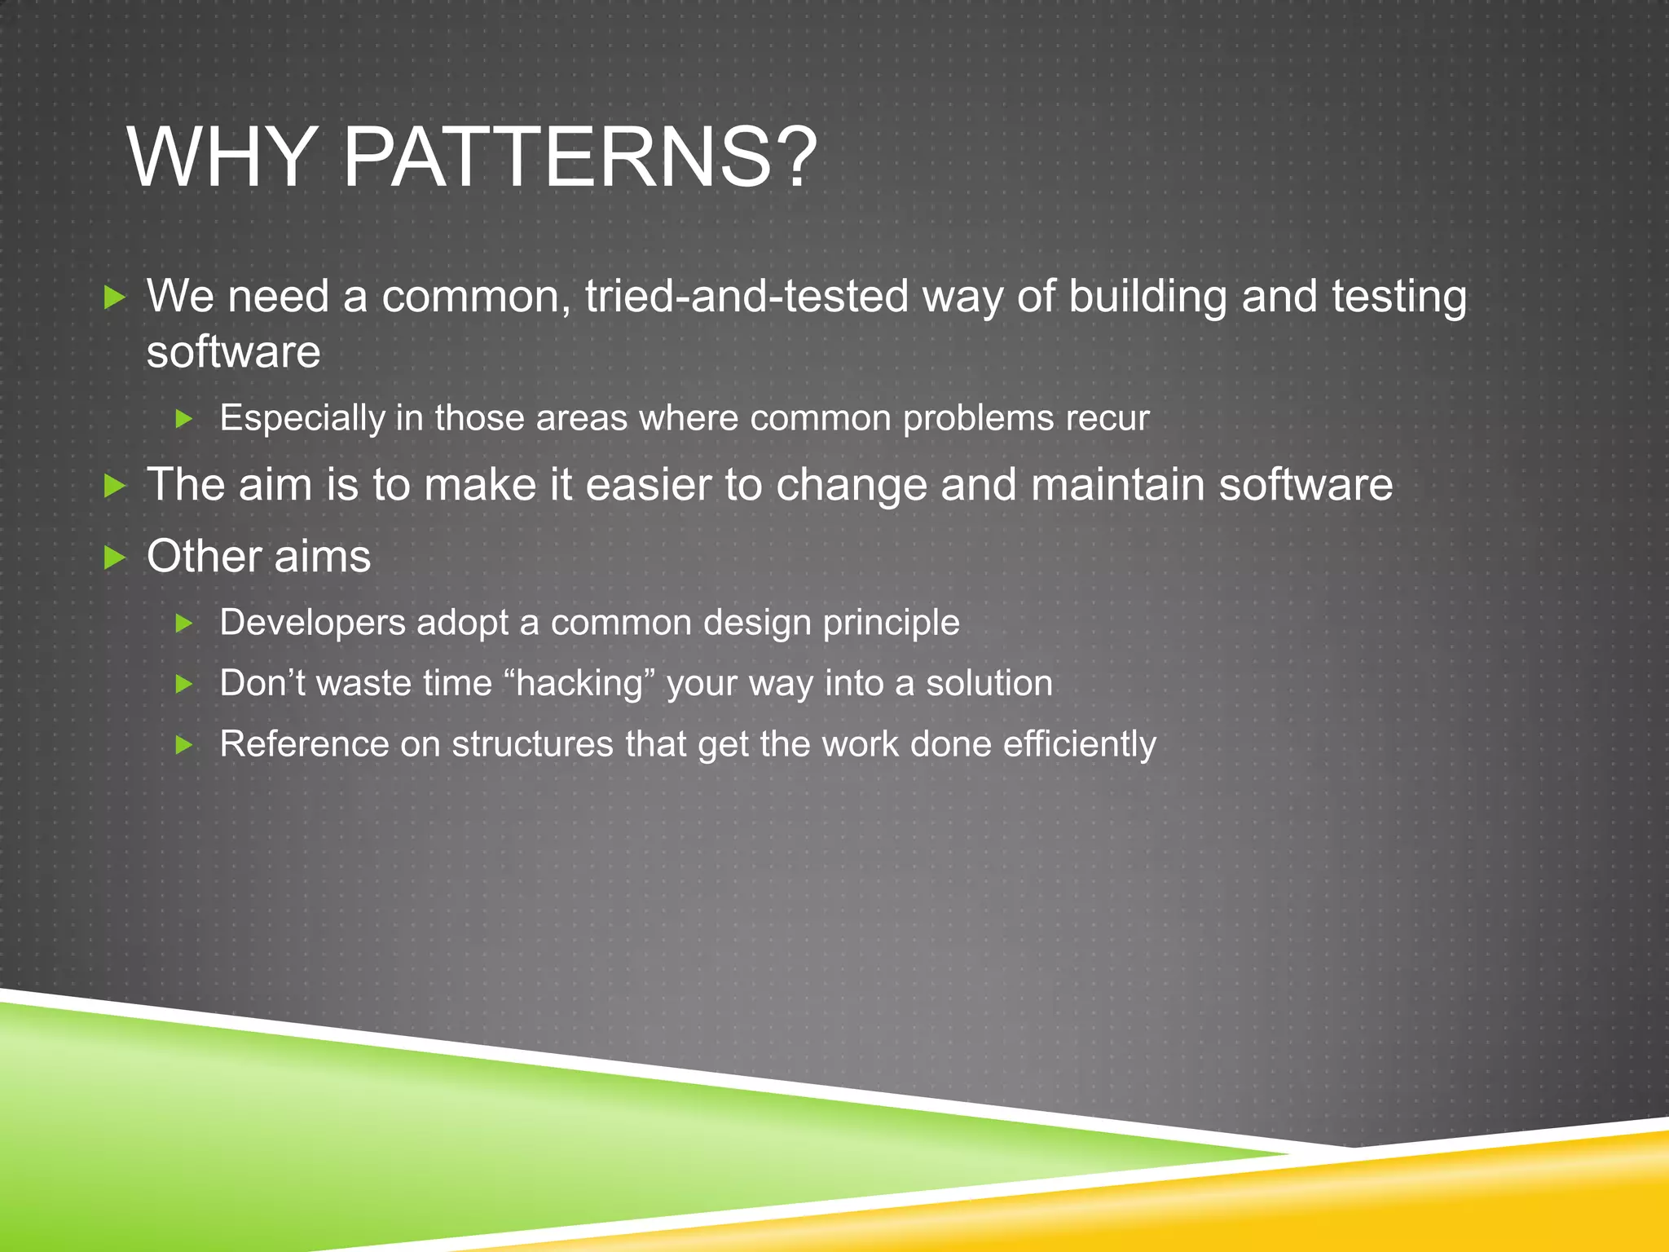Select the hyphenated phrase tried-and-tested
coord(746,296)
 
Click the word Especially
coord(302,419)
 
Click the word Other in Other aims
coord(203,557)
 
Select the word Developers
coord(312,623)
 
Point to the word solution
coord(989,683)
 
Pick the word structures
coord(532,744)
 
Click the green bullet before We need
coord(116,298)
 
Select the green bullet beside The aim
coord(116,487)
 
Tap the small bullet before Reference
coord(184,744)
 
